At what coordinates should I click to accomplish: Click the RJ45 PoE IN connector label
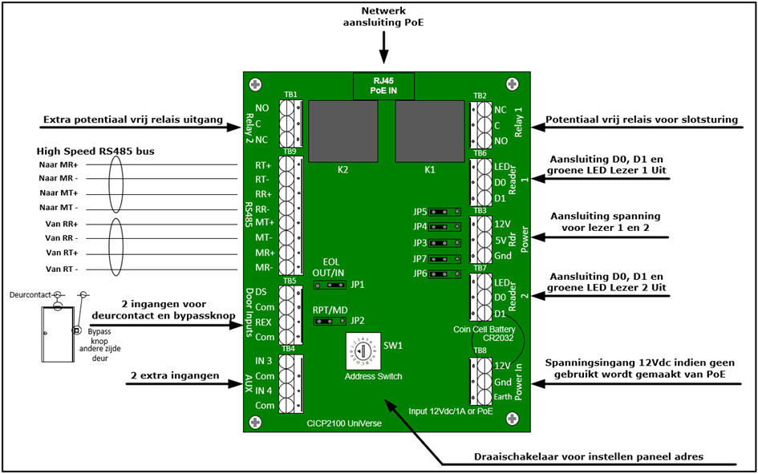tap(383, 86)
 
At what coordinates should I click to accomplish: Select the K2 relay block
tap(344, 133)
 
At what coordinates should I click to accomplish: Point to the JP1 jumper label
tap(357, 285)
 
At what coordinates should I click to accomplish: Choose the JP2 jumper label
tap(357, 321)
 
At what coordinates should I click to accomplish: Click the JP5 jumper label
tap(420, 213)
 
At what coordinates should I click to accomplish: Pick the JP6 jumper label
tap(420, 274)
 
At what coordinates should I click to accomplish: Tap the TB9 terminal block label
tap(290, 151)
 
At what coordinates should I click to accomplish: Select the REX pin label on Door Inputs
tap(261, 323)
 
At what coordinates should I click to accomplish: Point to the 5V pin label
tap(502, 240)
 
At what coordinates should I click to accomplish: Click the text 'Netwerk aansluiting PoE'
tap(384, 16)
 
